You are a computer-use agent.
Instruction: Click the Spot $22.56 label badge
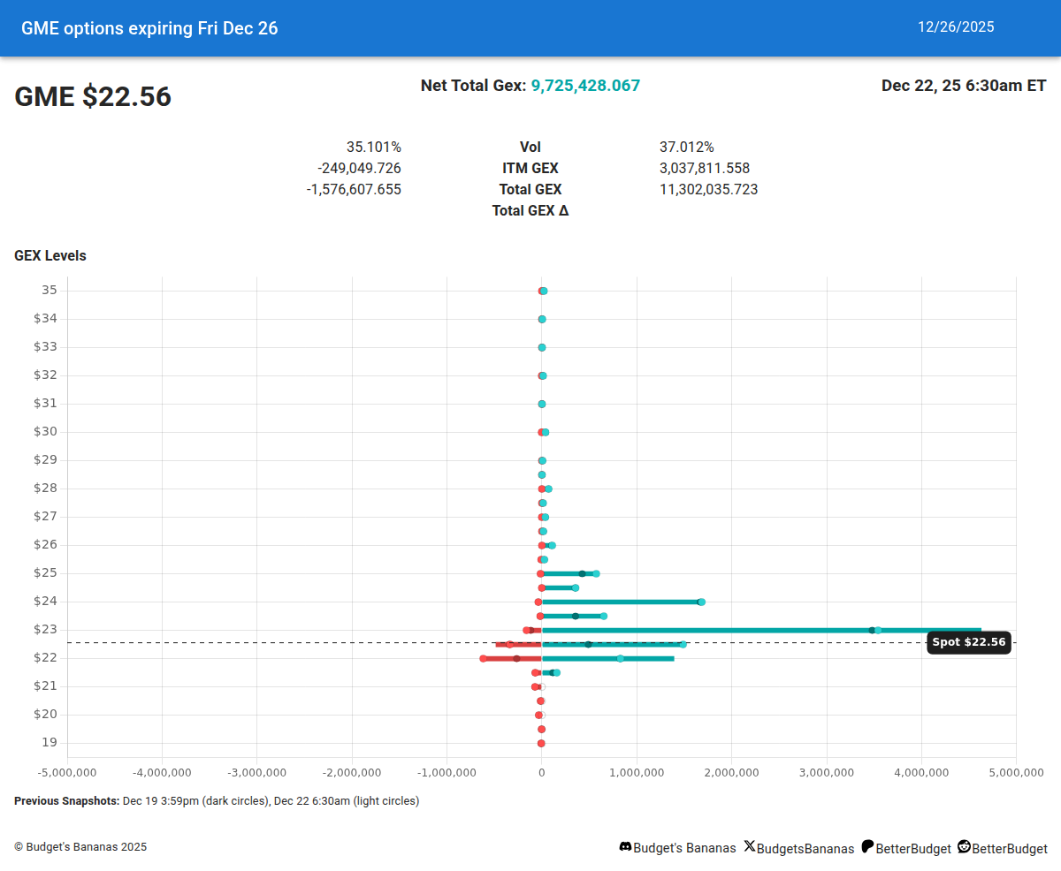click(x=969, y=642)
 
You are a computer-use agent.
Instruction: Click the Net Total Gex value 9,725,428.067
click(x=585, y=86)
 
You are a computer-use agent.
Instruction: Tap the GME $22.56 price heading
click(x=93, y=97)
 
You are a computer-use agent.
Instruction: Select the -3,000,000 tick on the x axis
click(x=256, y=773)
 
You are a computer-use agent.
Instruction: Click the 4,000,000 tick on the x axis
click(x=921, y=773)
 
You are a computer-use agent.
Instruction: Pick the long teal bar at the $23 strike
click(x=760, y=630)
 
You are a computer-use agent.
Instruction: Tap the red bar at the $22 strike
click(x=512, y=658)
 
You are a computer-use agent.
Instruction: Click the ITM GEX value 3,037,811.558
click(x=705, y=168)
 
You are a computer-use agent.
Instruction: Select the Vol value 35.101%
click(x=373, y=147)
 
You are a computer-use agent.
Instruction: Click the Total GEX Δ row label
click(x=530, y=210)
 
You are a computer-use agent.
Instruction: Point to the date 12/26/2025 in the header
click(x=956, y=27)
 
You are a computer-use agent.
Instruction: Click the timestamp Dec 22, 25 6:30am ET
click(x=964, y=86)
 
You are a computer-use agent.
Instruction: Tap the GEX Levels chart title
click(x=50, y=256)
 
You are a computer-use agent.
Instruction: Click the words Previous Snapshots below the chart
click(x=66, y=801)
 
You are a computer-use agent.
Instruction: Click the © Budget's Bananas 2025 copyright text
click(x=80, y=847)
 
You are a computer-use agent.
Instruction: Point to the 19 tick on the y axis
click(x=49, y=743)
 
